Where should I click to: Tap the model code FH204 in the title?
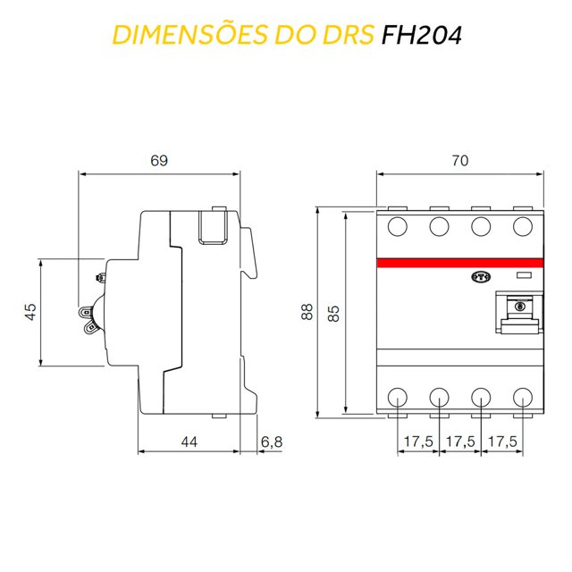[x=420, y=35]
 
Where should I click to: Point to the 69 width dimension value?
[x=159, y=161]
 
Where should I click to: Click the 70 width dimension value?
[x=459, y=161]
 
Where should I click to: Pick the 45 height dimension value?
[x=29, y=312]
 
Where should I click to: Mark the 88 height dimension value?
[x=307, y=312]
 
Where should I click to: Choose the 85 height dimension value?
[x=333, y=312]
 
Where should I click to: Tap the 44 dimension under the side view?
[x=188, y=442]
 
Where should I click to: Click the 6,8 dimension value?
[x=272, y=442]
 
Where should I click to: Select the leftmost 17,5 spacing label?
[x=417, y=442]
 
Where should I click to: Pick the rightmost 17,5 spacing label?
[x=503, y=442]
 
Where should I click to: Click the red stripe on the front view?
[x=459, y=263]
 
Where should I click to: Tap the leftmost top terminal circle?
[x=397, y=226]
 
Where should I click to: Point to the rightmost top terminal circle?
[x=523, y=226]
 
